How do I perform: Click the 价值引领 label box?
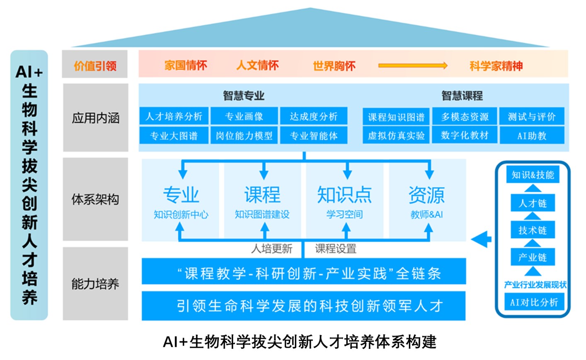[95, 64]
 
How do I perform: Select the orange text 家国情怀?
[186, 65]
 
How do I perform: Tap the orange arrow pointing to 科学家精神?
[413, 65]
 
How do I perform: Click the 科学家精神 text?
[496, 66]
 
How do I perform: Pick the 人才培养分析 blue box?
[174, 116]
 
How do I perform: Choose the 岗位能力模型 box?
[244, 135]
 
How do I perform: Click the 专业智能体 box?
[314, 135]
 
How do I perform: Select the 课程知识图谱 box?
[396, 117]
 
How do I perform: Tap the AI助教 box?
[532, 135]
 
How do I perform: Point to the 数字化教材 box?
[465, 135]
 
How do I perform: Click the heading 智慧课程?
[462, 96]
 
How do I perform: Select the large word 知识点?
[344, 195]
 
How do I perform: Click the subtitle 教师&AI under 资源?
[426, 215]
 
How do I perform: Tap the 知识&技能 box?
[533, 175]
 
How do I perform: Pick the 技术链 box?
[533, 230]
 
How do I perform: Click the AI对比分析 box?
[534, 302]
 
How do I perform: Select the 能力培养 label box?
[95, 284]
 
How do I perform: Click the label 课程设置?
[336, 249]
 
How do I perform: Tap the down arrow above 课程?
[264, 171]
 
